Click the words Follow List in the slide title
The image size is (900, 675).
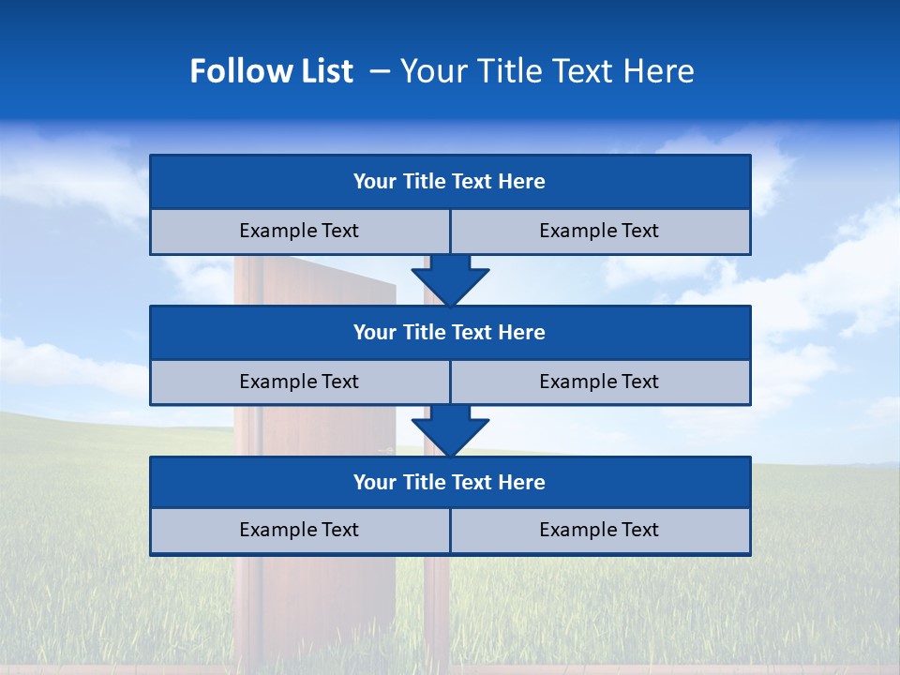tap(271, 71)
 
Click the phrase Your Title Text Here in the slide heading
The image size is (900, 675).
tap(547, 71)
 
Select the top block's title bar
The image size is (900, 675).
tap(450, 182)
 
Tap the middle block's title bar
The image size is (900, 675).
tap(450, 332)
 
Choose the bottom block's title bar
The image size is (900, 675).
tap(450, 482)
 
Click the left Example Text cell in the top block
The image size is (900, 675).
tap(299, 231)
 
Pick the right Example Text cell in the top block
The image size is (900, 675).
tap(600, 231)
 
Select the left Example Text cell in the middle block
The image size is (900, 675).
tap(299, 382)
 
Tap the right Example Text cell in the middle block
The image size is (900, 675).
tap(600, 382)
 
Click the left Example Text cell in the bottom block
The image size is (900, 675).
tap(299, 530)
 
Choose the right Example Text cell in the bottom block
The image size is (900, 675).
tap(600, 530)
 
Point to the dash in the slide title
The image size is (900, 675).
tap(380, 71)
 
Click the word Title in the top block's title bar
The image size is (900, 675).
tap(424, 182)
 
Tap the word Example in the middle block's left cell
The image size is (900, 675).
tap(273, 382)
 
